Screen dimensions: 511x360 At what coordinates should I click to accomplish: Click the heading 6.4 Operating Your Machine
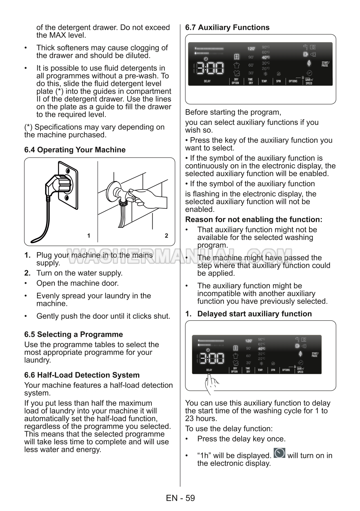(x=75, y=150)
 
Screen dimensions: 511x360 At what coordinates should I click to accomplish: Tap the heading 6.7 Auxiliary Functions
(x=227, y=27)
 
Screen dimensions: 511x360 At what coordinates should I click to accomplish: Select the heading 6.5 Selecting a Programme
(x=74, y=334)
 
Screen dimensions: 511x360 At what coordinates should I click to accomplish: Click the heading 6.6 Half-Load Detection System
(x=82, y=375)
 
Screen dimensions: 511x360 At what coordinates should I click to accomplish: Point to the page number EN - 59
(x=180, y=498)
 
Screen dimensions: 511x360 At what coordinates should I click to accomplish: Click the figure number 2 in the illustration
(x=166, y=236)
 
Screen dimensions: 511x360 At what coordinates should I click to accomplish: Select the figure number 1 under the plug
(x=89, y=236)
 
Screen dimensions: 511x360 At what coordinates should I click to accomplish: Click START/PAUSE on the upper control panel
(x=325, y=64)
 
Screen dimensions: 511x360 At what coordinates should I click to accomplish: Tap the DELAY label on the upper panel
(x=207, y=81)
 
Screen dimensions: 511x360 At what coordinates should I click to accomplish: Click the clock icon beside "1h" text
(x=279, y=453)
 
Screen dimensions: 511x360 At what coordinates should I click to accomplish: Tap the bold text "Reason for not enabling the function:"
(x=254, y=220)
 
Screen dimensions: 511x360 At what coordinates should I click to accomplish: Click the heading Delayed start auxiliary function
(x=254, y=314)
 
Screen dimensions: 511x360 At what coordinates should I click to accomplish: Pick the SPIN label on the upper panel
(x=279, y=81)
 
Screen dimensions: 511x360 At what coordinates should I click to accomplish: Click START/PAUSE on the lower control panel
(x=315, y=355)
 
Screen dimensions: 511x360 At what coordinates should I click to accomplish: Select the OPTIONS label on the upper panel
(x=293, y=81)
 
